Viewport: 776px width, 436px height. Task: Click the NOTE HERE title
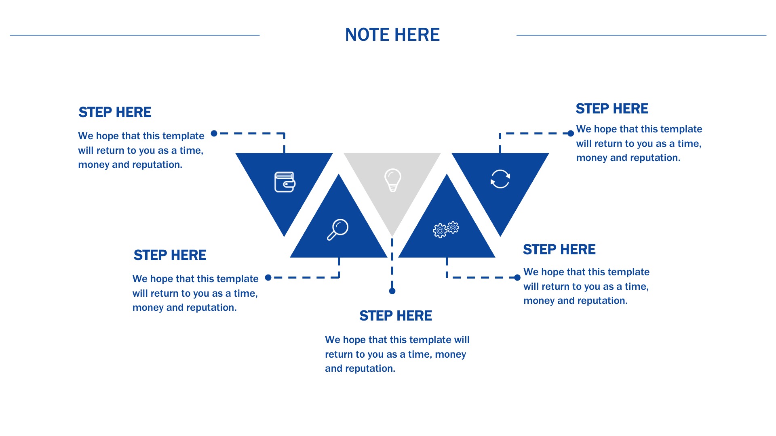(392, 35)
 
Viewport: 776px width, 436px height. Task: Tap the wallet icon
(285, 182)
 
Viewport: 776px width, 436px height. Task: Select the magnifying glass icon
(337, 230)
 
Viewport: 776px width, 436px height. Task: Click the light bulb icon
(392, 180)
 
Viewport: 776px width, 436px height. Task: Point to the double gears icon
(446, 229)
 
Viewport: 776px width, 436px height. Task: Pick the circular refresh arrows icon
(500, 179)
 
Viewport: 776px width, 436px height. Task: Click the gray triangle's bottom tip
(392, 237)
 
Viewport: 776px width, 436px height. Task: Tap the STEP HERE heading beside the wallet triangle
(115, 112)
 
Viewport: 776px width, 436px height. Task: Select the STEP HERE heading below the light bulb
(396, 316)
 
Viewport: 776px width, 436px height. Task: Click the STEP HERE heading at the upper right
(612, 109)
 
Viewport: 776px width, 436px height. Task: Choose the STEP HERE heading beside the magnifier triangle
(170, 255)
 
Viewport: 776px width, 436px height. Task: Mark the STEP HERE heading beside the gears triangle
(559, 249)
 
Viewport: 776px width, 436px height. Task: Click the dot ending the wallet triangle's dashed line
(214, 134)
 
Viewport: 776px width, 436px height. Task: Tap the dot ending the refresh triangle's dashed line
(571, 134)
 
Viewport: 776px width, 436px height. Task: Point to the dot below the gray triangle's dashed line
(392, 291)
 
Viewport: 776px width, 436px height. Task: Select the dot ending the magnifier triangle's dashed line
(268, 277)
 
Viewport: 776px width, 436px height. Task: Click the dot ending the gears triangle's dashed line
(517, 277)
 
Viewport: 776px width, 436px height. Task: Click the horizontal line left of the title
(135, 35)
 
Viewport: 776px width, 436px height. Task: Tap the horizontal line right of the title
(641, 35)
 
